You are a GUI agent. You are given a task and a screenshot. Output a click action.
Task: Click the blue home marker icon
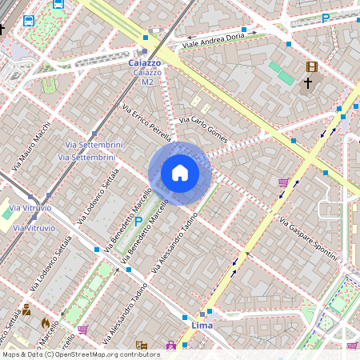click(180, 173)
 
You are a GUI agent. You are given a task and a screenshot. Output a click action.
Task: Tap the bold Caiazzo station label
click(145, 62)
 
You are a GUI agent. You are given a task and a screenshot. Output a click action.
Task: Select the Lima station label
click(203, 326)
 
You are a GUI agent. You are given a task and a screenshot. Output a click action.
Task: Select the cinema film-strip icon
click(311, 67)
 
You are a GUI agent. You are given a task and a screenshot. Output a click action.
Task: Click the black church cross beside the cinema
click(308, 82)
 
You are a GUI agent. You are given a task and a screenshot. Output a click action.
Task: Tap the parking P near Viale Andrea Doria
click(325, 18)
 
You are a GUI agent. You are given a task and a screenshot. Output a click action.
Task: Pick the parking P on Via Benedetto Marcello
click(138, 221)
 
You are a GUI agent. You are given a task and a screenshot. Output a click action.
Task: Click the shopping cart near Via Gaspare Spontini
click(283, 182)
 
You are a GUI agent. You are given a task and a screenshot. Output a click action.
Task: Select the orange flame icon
click(46, 323)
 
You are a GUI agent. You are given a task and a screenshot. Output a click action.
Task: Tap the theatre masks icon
click(142, 346)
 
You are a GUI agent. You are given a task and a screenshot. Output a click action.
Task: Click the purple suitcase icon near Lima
click(170, 346)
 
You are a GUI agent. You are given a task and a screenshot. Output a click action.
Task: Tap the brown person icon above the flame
click(26, 310)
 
